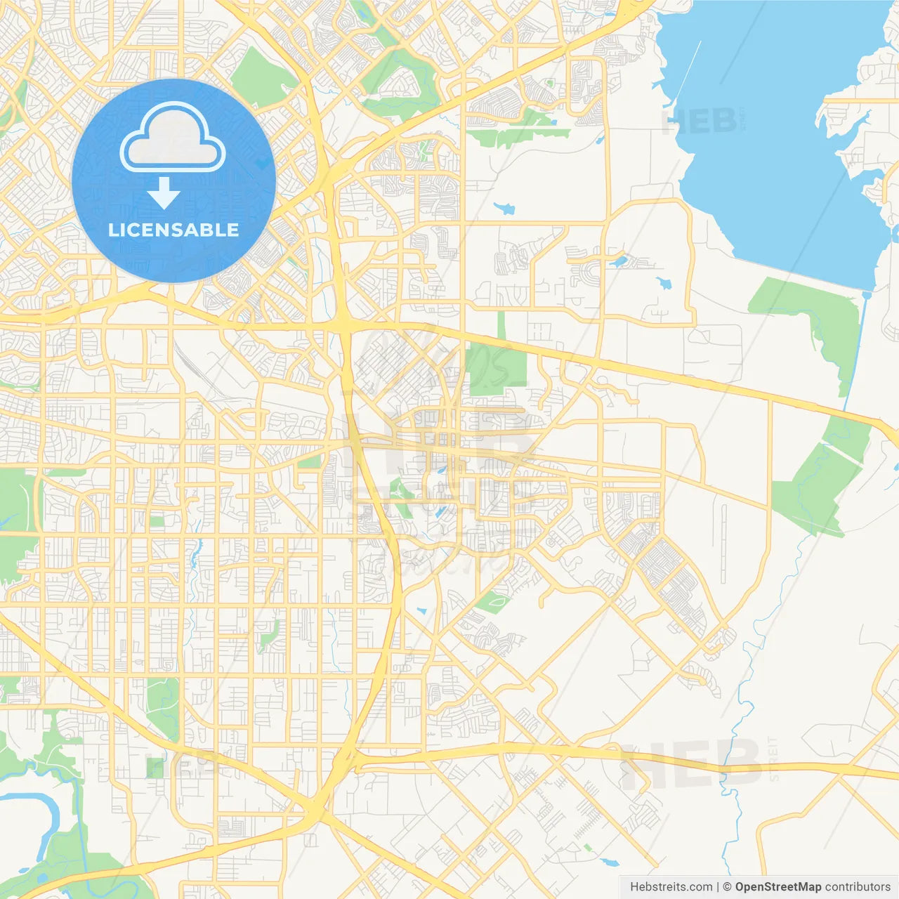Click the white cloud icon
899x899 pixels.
(173, 137)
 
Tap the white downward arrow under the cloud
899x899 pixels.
(164, 192)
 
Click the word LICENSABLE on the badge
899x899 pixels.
(173, 230)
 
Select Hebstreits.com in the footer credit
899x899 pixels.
(671, 887)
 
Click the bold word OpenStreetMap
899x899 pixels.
(777, 887)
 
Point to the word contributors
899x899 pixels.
(858, 887)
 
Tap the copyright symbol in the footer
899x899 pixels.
(727, 887)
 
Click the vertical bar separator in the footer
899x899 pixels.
(717, 887)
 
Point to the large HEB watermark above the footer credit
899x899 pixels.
(692, 764)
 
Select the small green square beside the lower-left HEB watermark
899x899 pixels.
(154, 767)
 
